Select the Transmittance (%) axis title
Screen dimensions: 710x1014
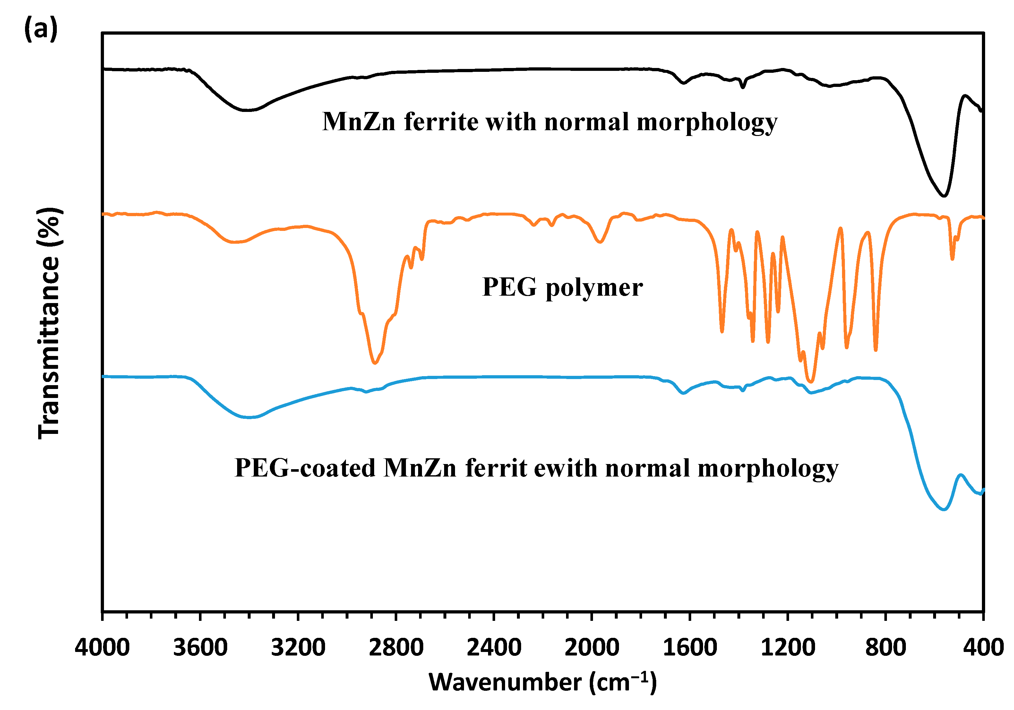[49, 323]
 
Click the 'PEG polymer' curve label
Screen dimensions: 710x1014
[562, 288]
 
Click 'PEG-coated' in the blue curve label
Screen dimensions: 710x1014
[305, 469]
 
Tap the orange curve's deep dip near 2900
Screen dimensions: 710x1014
[374, 363]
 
